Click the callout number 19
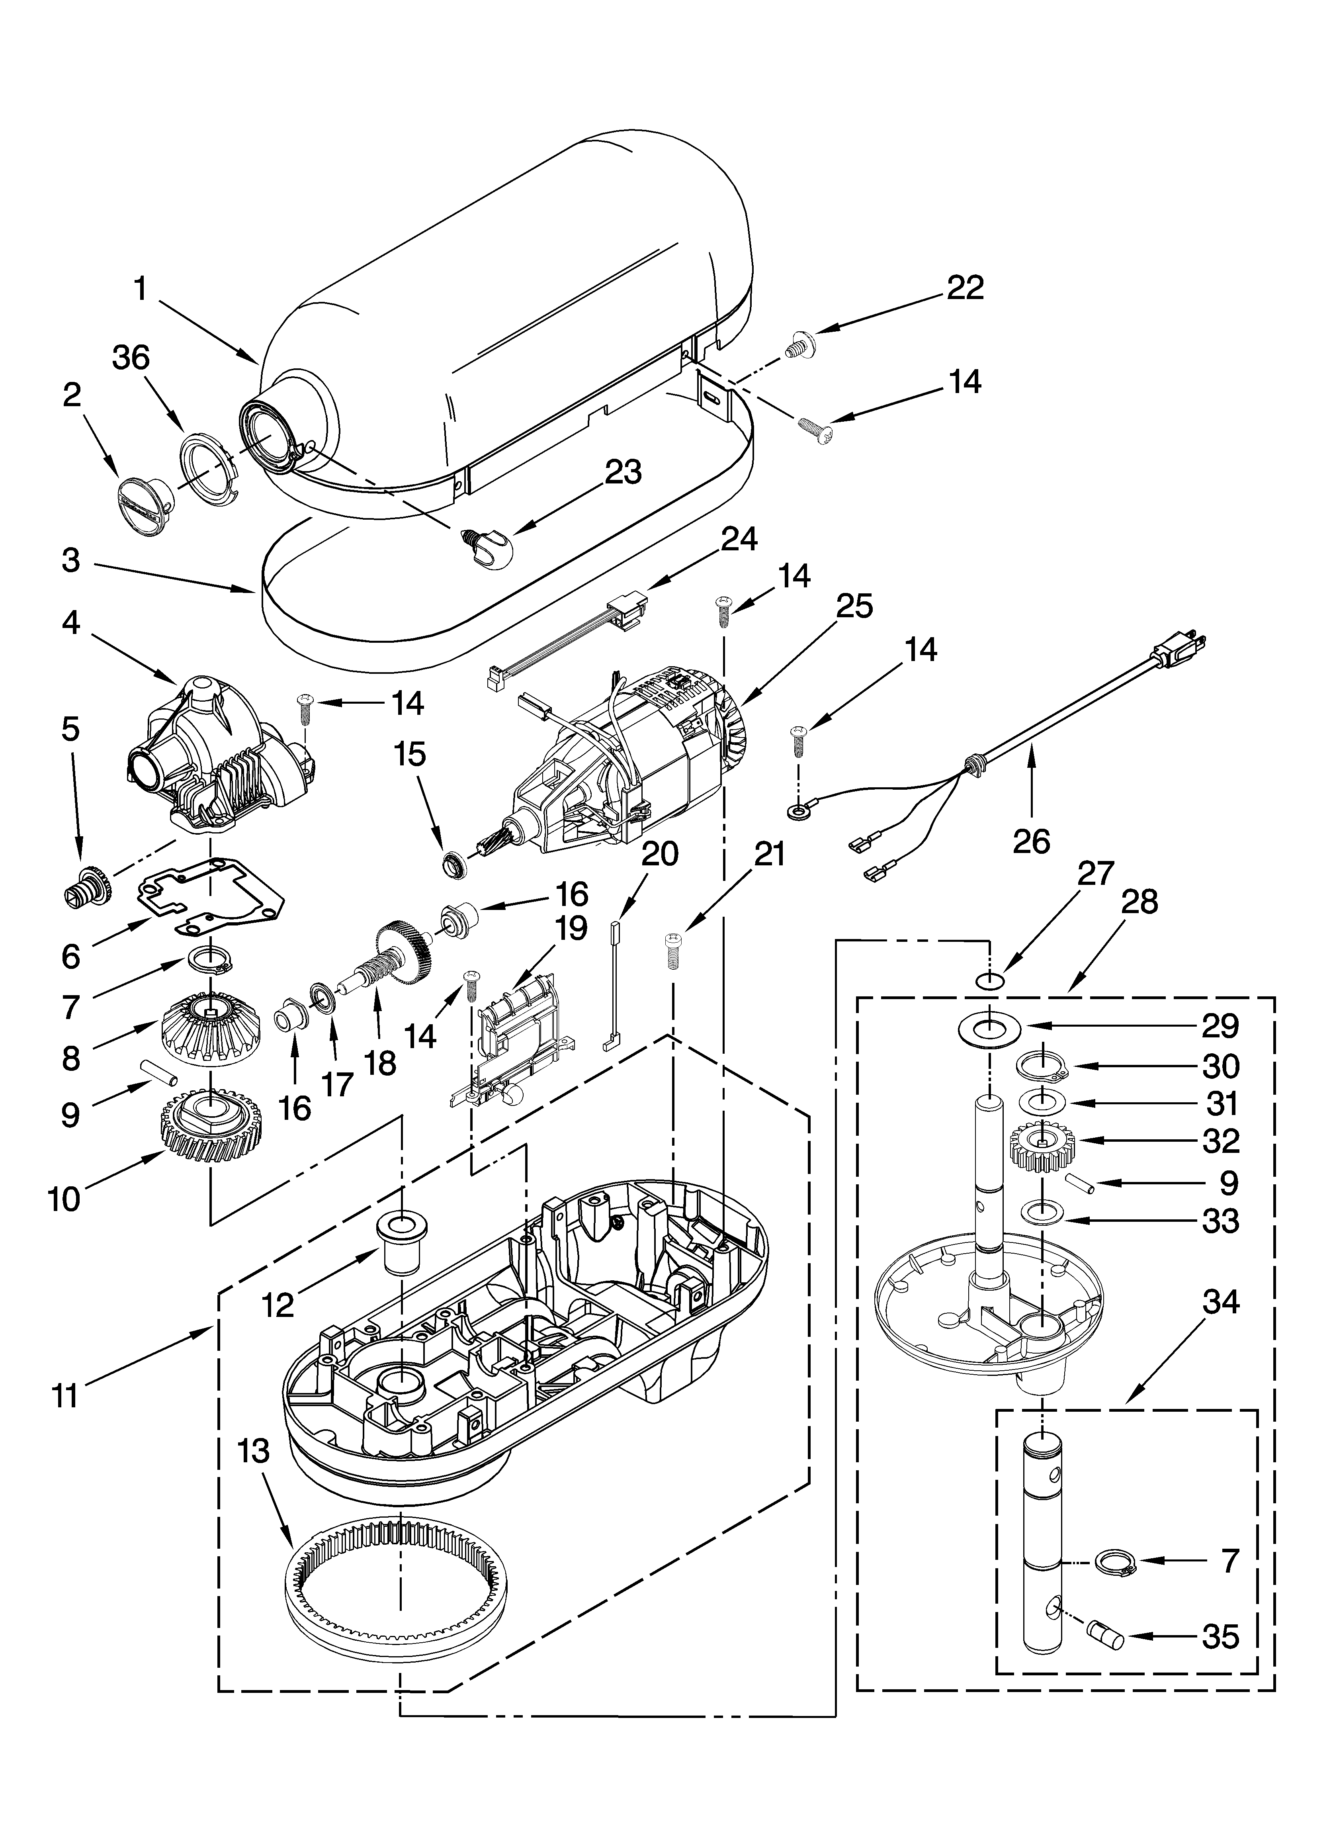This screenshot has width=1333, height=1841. (571, 928)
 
